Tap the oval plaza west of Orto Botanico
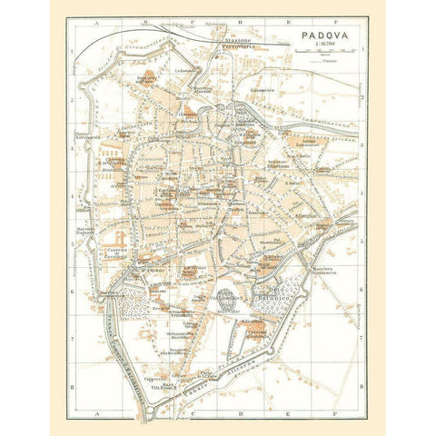coord(223,300)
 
